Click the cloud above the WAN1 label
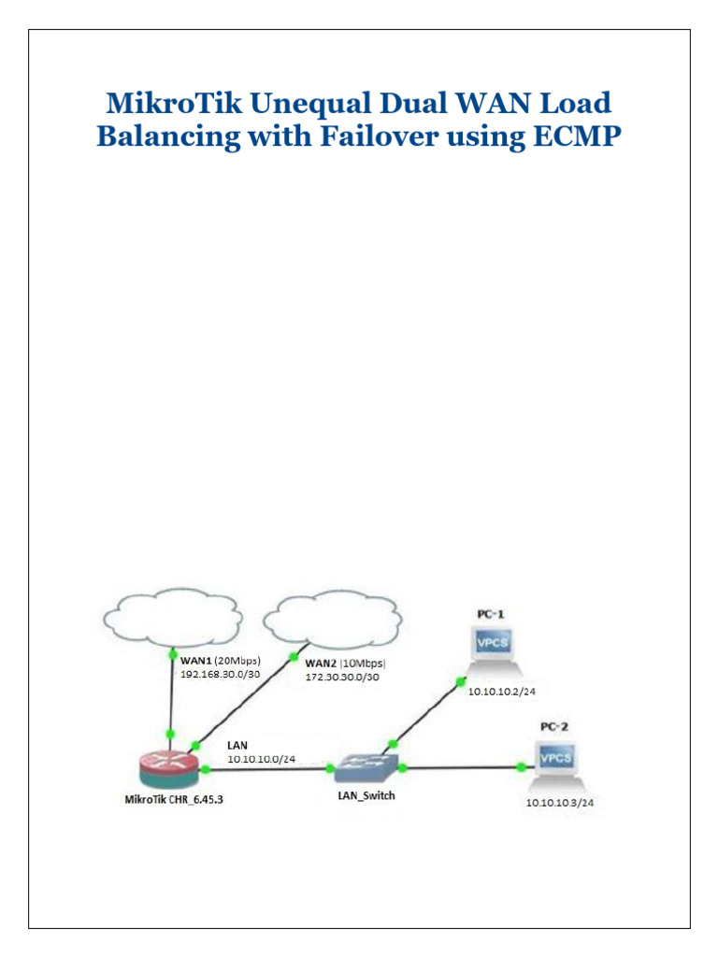click(x=171, y=614)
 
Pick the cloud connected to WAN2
click(x=333, y=618)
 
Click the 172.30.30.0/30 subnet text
click(x=343, y=677)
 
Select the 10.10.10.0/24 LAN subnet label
click(x=262, y=759)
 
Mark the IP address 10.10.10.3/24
click(x=561, y=802)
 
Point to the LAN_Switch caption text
click(x=366, y=796)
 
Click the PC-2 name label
click(x=553, y=725)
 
